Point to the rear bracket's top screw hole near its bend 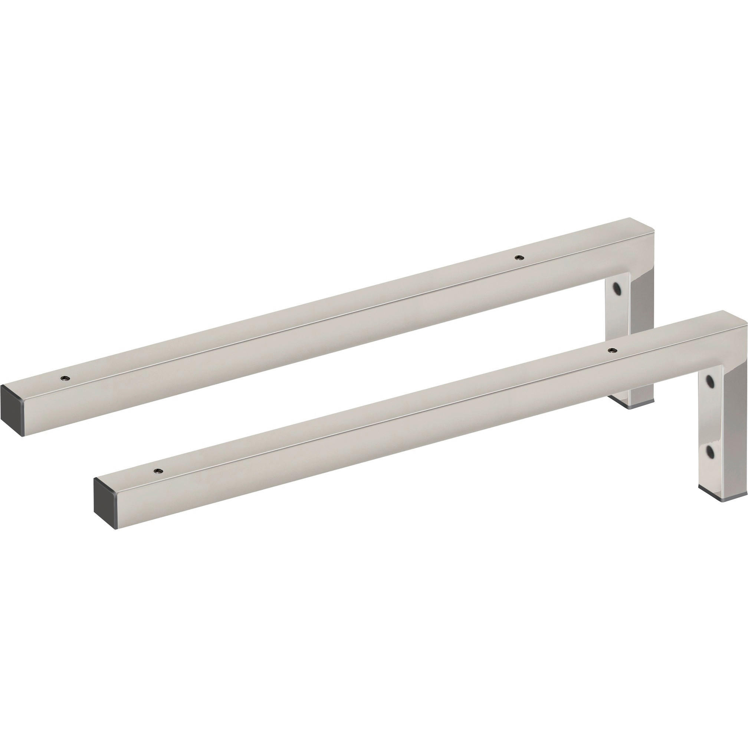[x=518, y=257]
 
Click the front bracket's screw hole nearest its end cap [x=157, y=470]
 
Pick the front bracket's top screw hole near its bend [x=611, y=350]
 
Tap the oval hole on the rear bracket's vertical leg [x=616, y=288]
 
